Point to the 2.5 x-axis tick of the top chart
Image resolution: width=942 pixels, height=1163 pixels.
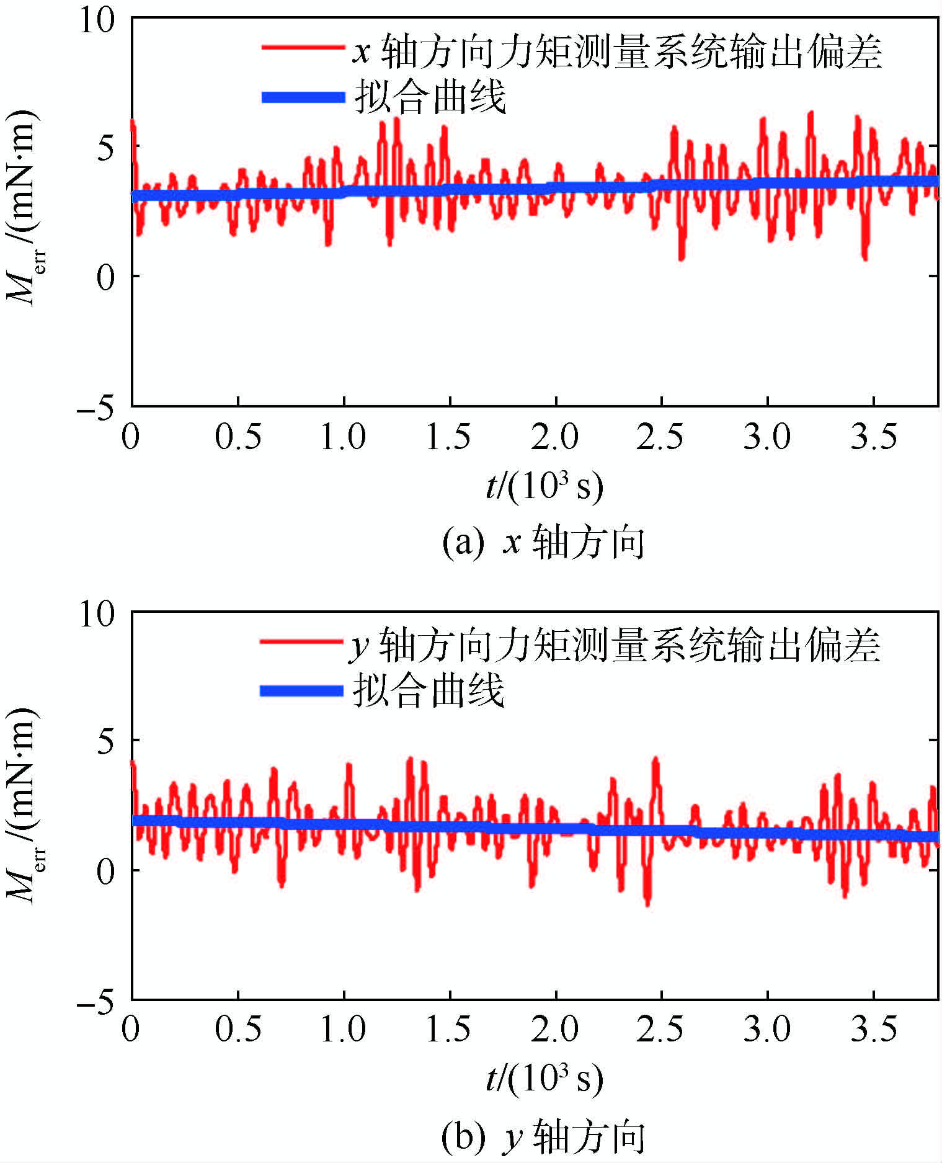(660, 437)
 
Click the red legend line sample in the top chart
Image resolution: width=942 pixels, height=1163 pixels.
(303, 48)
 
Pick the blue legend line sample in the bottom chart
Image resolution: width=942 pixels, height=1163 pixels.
(301, 691)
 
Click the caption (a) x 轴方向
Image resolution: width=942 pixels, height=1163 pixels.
(543, 543)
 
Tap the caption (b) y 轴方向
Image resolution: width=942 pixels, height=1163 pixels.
(543, 1136)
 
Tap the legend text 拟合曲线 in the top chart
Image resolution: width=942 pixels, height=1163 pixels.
(430, 97)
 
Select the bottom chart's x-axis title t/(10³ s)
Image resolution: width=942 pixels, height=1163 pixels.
(544, 1079)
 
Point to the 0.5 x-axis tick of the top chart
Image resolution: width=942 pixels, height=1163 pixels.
(238, 437)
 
